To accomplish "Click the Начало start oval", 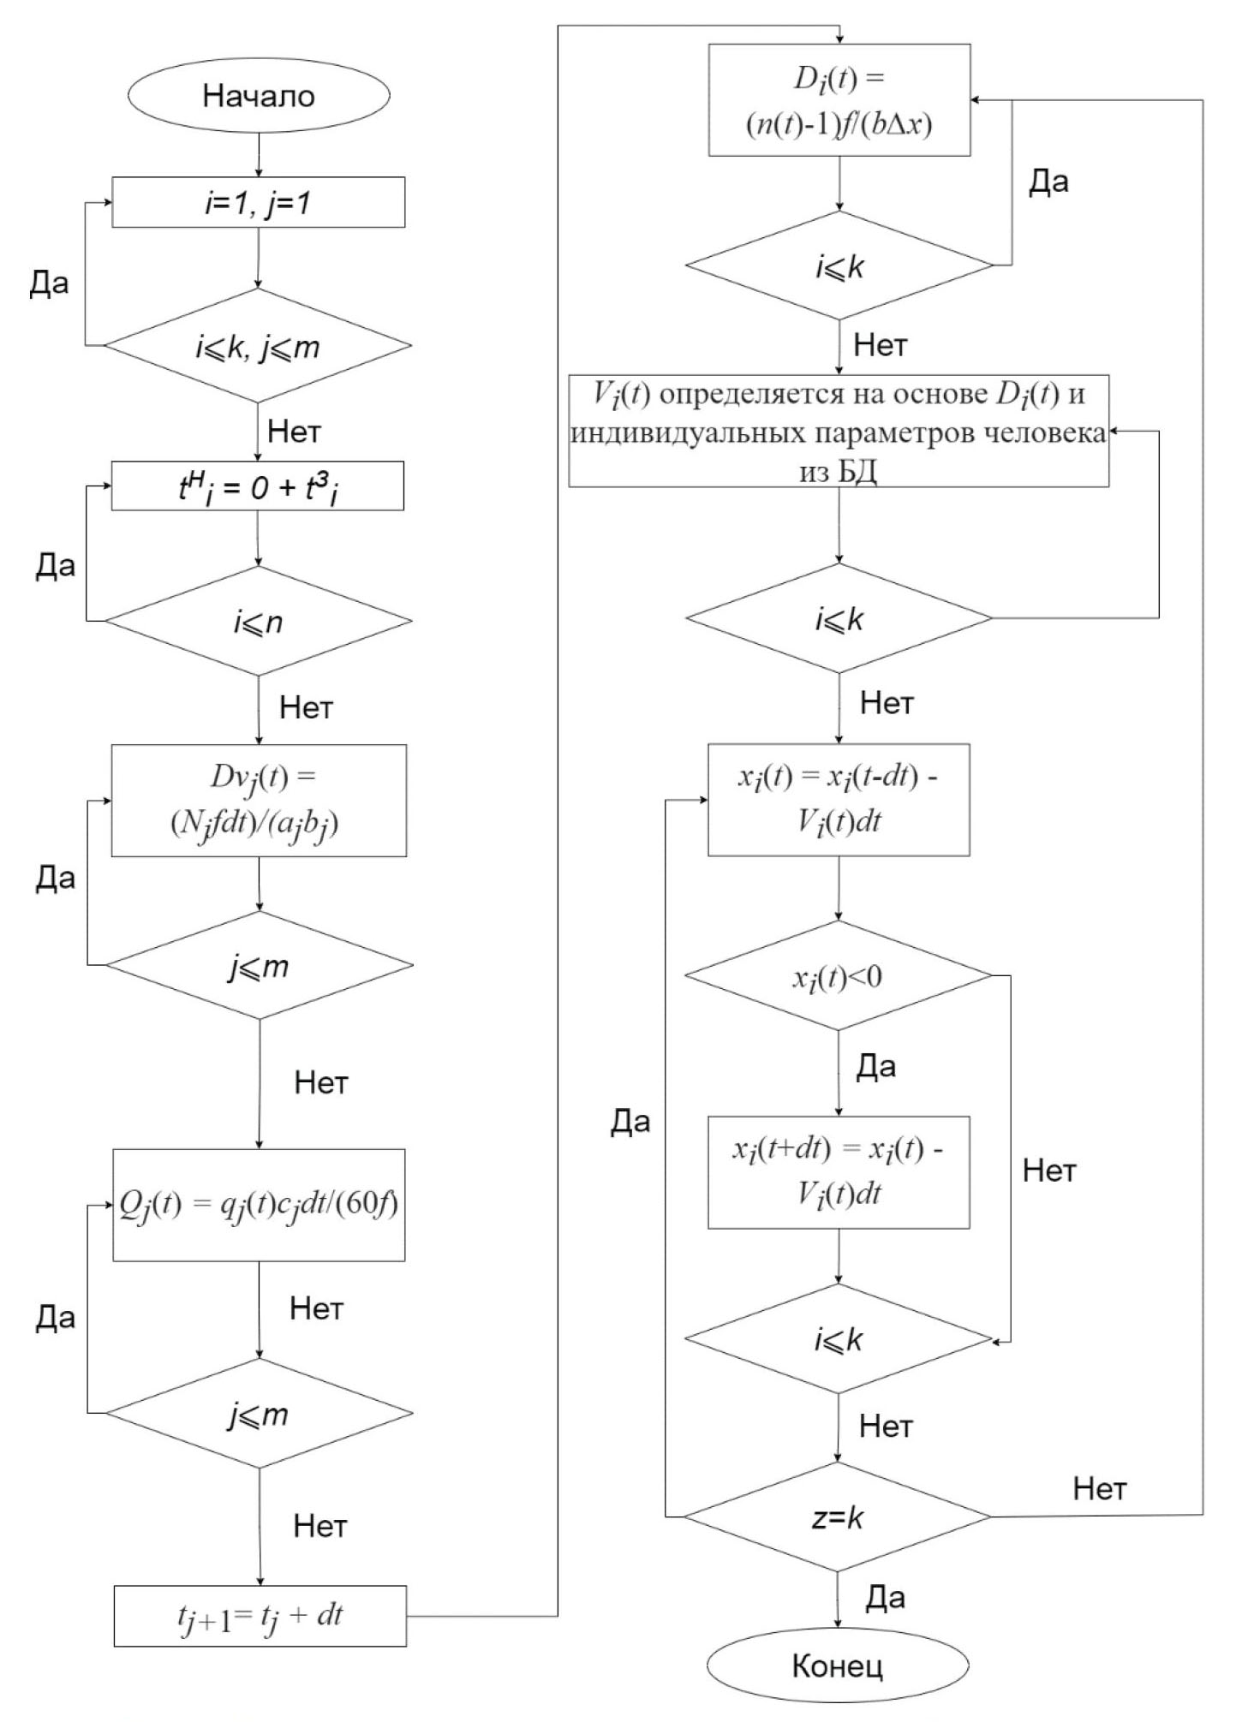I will [x=259, y=95].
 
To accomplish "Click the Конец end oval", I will [x=837, y=1665].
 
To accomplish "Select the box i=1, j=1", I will [x=258, y=202].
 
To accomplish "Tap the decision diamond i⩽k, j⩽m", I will [x=258, y=346].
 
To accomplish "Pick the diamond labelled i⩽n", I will [x=258, y=621].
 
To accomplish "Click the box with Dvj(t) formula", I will [x=259, y=800].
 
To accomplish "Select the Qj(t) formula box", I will [x=259, y=1204].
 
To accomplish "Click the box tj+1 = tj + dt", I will [x=260, y=1615].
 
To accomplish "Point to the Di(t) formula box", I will [x=839, y=100].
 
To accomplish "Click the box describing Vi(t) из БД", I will [x=839, y=431].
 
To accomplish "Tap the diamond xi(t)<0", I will [x=838, y=976].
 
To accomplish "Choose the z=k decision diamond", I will [x=837, y=1517].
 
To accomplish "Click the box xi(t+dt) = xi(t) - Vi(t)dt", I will [x=838, y=1171].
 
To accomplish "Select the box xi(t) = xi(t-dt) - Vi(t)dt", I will [x=838, y=799].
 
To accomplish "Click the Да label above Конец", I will [x=885, y=1596].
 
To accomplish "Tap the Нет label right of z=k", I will [x=1100, y=1488].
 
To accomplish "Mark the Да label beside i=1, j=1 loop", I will [x=49, y=283].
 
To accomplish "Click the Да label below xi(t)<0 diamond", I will [x=876, y=1066].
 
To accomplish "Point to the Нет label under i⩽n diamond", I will [x=306, y=707].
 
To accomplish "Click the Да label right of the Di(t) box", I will [x=1048, y=182].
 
